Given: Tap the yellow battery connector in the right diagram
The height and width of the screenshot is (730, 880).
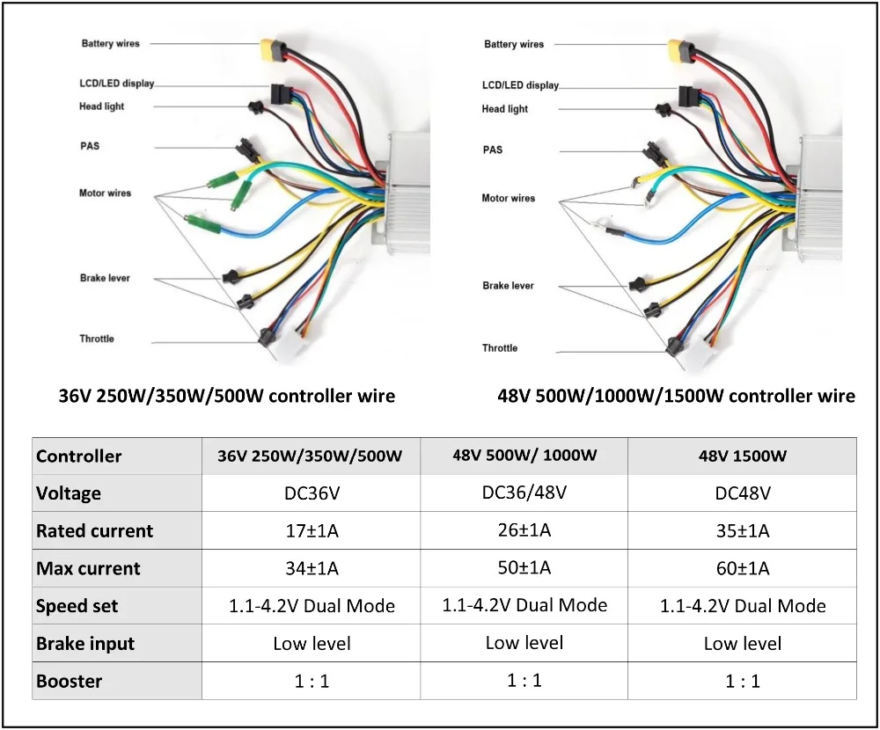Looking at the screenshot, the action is [678, 47].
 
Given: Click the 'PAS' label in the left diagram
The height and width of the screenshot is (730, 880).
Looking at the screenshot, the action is [90, 146].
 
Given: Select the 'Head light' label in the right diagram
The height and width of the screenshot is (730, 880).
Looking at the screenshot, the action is [505, 109].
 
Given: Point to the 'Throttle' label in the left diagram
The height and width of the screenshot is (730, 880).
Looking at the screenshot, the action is [97, 339].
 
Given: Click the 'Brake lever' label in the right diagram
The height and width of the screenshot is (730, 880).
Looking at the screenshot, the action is [508, 286].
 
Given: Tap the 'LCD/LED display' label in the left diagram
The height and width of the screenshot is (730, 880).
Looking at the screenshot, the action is [116, 84].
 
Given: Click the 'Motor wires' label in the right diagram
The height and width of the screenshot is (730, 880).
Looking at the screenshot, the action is [508, 198].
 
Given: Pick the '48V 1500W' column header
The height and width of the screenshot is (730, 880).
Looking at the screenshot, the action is [743, 456].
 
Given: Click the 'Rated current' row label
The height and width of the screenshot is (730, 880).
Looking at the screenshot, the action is [94, 530].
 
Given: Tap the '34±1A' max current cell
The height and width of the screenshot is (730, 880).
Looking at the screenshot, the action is [312, 568].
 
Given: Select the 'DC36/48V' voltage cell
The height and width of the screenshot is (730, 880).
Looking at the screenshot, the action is [524, 492].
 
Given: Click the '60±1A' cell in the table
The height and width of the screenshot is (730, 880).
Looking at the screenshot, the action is [743, 568].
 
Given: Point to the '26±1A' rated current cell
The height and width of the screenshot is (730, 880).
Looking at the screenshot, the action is [524, 529].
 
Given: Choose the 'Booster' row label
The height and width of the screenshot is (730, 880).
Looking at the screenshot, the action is [69, 681].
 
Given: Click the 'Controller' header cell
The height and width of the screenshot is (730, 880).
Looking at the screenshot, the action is [78, 456].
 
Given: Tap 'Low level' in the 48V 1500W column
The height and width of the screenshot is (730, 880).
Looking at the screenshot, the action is [743, 644].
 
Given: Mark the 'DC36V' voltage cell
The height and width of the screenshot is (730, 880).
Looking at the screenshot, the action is [312, 493].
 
